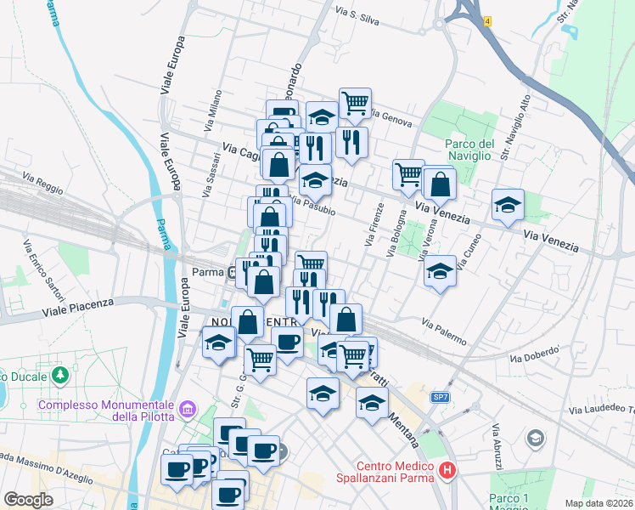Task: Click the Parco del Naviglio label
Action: point(469,150)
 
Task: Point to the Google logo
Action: point(28,500)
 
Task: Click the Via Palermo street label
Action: point(443,332)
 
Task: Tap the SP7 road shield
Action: point(440,397)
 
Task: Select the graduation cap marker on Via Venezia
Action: point(508,205)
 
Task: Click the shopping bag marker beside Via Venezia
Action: point(440,184)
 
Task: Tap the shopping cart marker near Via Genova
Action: point(355,104)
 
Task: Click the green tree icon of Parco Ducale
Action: point(60,374)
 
